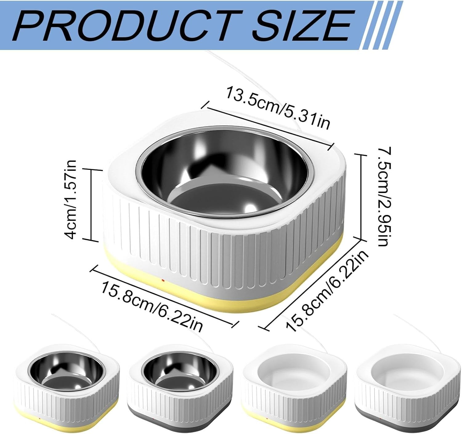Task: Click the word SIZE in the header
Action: [302, 26]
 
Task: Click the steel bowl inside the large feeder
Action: [223, 174]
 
